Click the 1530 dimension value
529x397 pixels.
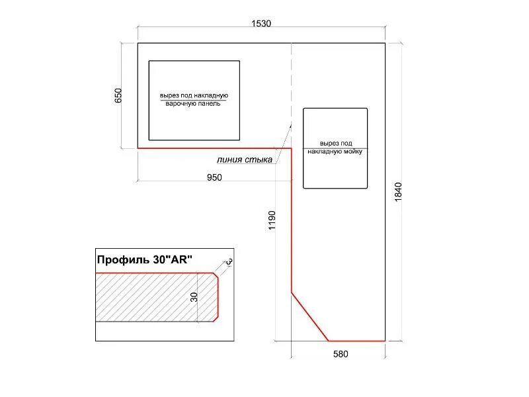coord(261,23)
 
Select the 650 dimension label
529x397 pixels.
coord(118,95)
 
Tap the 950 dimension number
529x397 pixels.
coord(214,177)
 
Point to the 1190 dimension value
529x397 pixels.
coord(272,220)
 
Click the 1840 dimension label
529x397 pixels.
coord(399,192)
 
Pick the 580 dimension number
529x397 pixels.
coord(341,354)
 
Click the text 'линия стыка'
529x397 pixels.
coord(244,159)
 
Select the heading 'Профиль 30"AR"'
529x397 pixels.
coord(144,259)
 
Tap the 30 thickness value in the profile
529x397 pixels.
coord(194,297)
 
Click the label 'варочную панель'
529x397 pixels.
coord(193,104)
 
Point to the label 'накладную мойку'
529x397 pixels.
coord(335,152)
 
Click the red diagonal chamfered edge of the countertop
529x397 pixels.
coord(309,317)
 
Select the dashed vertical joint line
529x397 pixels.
coord(291,85)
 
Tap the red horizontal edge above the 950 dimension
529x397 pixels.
coord(214,148)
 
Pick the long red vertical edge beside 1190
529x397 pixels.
coord(292,220)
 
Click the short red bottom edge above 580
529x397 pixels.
coord(356,341)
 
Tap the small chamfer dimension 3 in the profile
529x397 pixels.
coord(229,261)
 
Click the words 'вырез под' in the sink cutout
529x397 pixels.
coord(336,144)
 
